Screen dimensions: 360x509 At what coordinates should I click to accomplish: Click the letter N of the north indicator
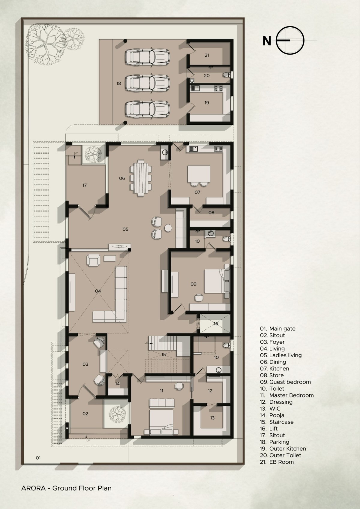(267, 41)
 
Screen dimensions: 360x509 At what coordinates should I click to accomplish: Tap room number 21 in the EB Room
(207, 55)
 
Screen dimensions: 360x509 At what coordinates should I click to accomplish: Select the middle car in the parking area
(148, 83)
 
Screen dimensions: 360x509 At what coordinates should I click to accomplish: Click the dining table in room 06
(140, 178)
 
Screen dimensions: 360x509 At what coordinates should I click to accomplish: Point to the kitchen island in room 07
(199, 174)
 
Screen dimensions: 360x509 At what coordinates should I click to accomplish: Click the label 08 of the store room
(211, 213)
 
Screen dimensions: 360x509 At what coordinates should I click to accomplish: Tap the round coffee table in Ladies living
(168, 228)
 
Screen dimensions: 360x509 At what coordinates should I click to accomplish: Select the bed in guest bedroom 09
(217, 281)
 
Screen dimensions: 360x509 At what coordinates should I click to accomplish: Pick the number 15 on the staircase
(163, 355)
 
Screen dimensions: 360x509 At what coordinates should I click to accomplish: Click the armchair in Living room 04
(93, 260)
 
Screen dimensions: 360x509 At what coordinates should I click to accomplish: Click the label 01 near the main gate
(38, 458)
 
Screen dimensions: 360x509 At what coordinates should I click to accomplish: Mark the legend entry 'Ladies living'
(286, 355)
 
